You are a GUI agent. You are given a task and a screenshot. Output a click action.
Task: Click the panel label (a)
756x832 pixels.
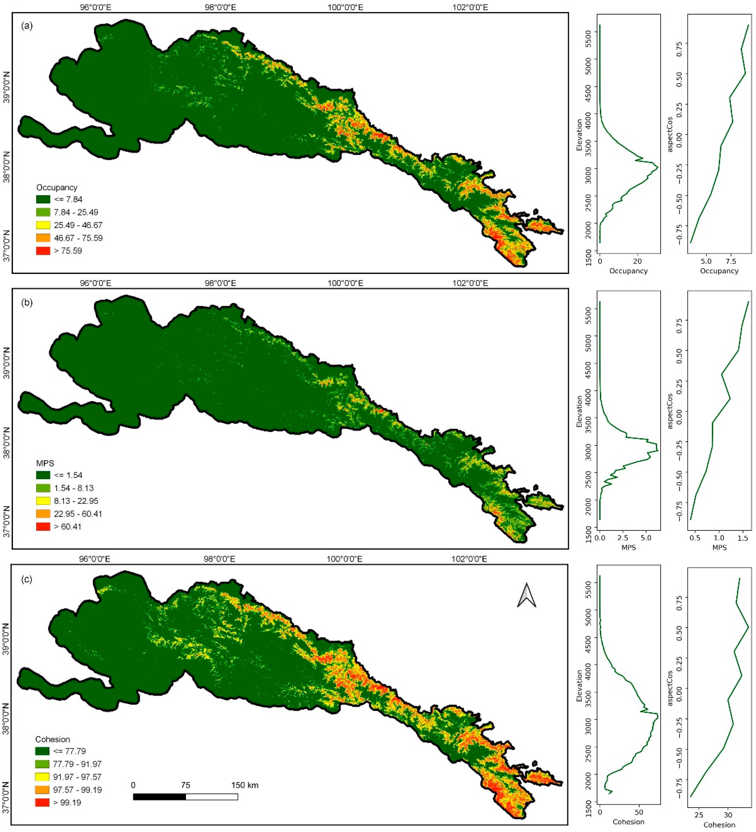[27, 26]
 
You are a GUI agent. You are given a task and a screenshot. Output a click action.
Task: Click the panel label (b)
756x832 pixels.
[27, 303]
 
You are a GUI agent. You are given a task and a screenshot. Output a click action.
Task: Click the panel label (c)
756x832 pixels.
[27, 579]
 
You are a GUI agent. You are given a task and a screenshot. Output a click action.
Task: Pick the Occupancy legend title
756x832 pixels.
[57, 187]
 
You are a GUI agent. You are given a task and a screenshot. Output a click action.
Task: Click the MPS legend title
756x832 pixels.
[45, 463]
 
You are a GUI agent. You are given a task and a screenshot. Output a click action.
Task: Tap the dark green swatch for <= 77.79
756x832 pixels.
[42, 751]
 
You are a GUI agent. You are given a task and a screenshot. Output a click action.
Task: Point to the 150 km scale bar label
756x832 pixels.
[245, 785]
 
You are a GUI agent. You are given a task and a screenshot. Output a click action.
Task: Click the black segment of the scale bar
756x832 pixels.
[159, 796]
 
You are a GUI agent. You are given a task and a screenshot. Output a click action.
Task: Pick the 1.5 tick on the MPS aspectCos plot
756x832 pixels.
[743, 538]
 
